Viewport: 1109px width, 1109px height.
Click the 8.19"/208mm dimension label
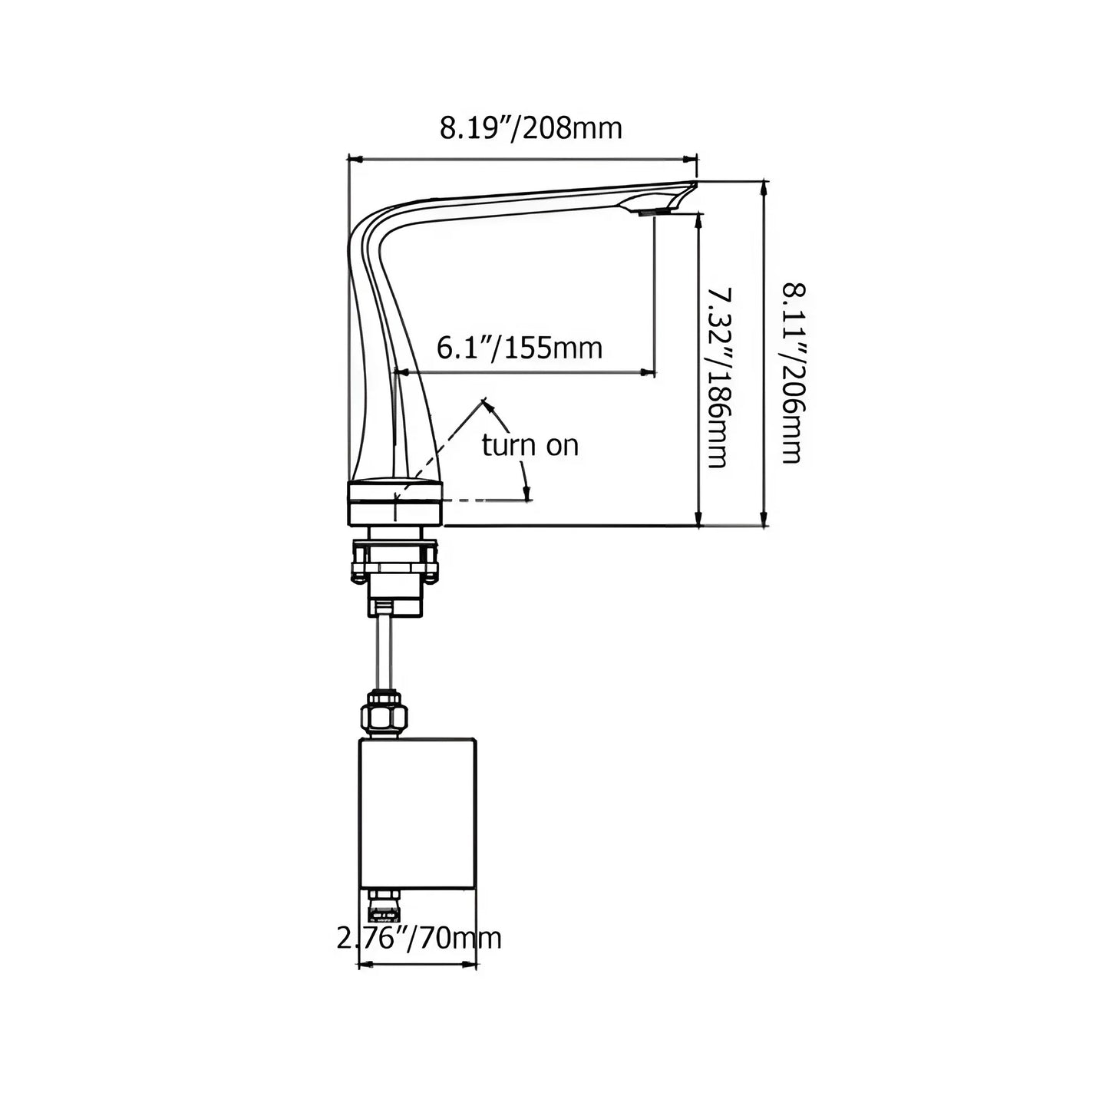pyautogui.click(x=530, y=128)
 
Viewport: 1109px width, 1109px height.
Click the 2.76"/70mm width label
pyautogui.click(x=419, y=938)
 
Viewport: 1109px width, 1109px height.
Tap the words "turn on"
pyautogui.click(x=530, y=445)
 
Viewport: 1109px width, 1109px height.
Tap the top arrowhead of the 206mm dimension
pyautogui.click(x=764, y=187)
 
